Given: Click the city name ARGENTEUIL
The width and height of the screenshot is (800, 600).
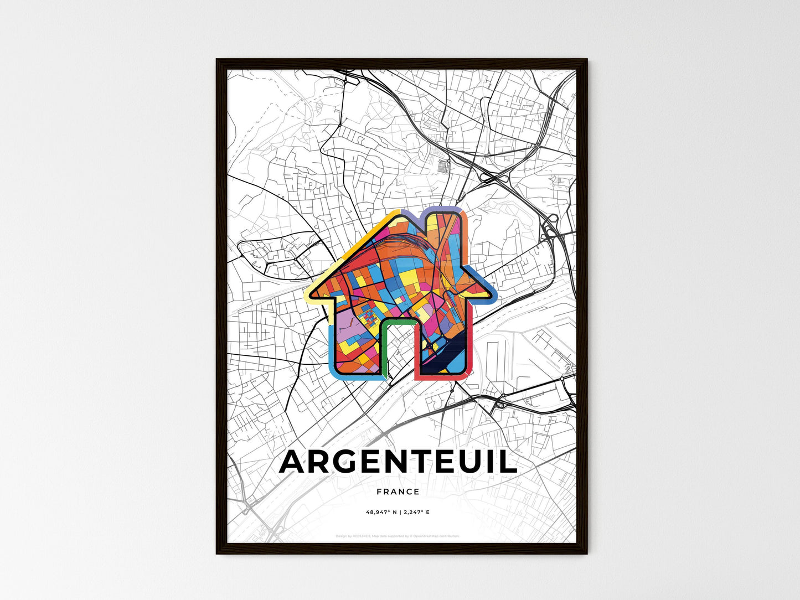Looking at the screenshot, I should pos(398,463).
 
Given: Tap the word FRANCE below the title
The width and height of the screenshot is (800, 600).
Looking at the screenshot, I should pos(398,492).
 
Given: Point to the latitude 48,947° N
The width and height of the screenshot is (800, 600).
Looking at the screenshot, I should pos(383,512).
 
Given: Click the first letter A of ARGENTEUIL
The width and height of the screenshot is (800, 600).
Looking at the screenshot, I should pos(294,463).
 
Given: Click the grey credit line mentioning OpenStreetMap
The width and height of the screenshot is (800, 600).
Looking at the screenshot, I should pos(398,536).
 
